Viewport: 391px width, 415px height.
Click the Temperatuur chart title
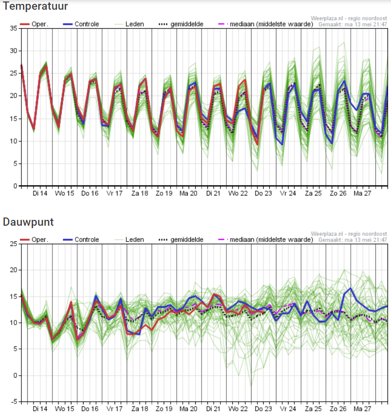35,6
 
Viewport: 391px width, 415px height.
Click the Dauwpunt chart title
28,222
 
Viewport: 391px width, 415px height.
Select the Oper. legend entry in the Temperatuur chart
34,24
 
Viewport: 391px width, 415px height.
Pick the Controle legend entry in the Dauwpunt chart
81,239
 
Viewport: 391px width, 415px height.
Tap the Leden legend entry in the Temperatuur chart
129,24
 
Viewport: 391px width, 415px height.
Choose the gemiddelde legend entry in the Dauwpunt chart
181,239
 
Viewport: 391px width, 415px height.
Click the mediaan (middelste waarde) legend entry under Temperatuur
266,24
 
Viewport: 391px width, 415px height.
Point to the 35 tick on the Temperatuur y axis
14,28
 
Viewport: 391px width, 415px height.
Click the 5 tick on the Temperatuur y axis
16,164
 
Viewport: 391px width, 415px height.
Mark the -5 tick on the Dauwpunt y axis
14,401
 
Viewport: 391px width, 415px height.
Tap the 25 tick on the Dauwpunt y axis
14,244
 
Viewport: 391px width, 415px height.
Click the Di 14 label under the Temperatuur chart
40,194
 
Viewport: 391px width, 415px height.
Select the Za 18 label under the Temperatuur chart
139,194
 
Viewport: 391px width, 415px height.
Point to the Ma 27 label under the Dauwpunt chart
362,409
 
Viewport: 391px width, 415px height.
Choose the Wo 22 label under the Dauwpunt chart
238,409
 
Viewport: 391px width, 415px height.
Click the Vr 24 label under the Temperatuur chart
288,194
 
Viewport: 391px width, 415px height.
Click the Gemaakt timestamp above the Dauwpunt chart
353,240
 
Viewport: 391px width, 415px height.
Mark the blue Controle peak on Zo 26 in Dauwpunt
351,288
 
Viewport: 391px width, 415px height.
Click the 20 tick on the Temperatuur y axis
14,96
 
